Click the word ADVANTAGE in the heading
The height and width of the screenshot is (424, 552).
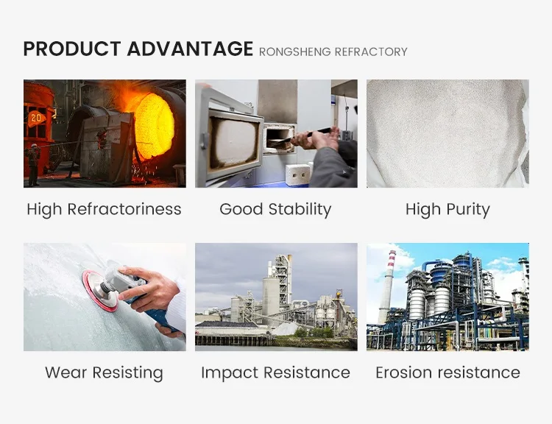click(x=189, y=49)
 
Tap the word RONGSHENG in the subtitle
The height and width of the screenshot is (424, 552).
click(x=294, y=52)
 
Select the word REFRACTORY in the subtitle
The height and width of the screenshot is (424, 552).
click(x=371, y=52)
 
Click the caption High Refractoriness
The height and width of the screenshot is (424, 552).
click(x=104, y=209)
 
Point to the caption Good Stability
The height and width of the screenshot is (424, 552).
click(x=275, y=209)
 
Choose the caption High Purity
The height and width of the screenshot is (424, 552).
click(x=447, y=209)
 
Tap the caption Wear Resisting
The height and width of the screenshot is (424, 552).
click(x=104, y=372)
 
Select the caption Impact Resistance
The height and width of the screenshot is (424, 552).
click(x=275, y=372)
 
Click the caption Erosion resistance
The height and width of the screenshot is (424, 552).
click(x=447, y=372)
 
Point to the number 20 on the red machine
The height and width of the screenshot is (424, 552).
click(x=35, y=117)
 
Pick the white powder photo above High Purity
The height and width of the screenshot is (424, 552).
click(x=447, y=133)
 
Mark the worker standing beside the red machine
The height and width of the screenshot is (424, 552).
click(x=32, y=163)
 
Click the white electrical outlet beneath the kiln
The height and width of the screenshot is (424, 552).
click(x=298, y=174)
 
